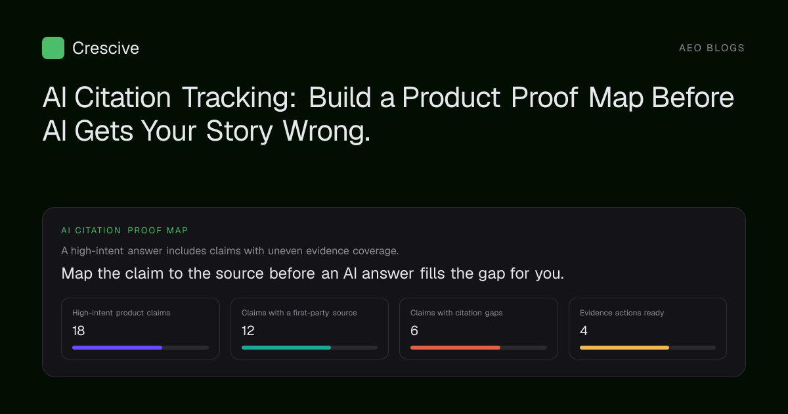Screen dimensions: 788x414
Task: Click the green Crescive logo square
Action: [x=53, y=48]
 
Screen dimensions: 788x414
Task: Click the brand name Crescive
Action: [x=106, y=48]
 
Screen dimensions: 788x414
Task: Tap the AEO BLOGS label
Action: [x=712, y=48]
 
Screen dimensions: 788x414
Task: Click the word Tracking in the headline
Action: [x=239, y=97]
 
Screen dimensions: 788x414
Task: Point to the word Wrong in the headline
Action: [x=326, y=131]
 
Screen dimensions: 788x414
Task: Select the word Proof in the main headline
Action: [x=544, y=97]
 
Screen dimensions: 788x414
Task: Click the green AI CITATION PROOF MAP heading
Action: [x=125, y=230]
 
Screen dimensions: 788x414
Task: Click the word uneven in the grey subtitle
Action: [x=285, y=251]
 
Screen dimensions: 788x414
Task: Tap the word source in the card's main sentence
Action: [x=240, y=273]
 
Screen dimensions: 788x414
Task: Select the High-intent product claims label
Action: [x=121, y=313]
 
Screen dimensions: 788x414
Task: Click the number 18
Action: [x=78, y=331]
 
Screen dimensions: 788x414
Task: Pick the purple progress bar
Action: [x=117, y=348]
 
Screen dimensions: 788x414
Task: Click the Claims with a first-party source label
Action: [x=299, y=313]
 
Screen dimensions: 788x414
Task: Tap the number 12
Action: [x=248, y=331]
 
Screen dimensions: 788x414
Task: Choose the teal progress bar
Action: [x=286, y=348]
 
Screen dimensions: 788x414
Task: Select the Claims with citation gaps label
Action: [x=456, y=313]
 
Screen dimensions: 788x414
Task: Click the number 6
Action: [x=414, y=331]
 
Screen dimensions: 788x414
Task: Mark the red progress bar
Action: [x=455, y=348]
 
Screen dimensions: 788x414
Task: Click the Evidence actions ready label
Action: [x=622, y=313]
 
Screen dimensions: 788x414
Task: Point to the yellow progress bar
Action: [x=624, y=348]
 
